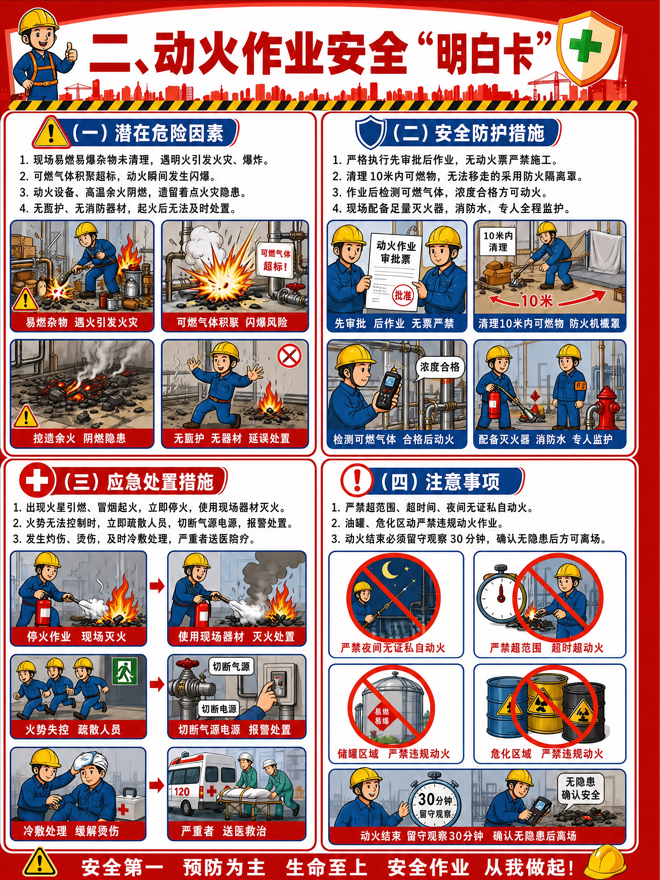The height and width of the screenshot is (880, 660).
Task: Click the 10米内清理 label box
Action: [x=498, y=241]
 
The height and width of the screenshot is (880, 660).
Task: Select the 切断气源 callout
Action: [x=231, y=666]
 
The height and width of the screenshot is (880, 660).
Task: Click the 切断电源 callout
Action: [x=219, y=709]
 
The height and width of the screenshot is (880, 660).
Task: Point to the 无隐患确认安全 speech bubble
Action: [x=580, y=789]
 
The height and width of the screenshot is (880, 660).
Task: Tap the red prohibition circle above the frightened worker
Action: [x=289, y=356]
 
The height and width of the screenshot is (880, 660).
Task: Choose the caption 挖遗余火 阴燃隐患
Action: [x=79, y=438]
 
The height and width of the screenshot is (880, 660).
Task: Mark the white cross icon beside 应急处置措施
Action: [x=37, y=480]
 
